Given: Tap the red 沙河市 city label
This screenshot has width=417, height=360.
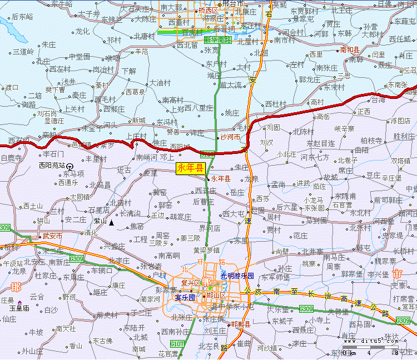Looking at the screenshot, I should [230, 137].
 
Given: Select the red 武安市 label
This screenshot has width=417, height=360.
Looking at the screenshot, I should [52, 236].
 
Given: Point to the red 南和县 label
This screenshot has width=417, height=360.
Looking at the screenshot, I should [349, 50].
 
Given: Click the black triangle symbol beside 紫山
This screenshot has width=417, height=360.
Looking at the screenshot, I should [112, 223].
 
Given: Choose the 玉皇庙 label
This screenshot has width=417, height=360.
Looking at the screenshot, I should [18, 307].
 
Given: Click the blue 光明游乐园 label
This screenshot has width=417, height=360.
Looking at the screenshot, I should [237, 276].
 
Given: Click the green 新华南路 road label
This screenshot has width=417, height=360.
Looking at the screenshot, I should [218, 40].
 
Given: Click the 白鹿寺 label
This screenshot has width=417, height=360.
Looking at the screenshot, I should [11, 158].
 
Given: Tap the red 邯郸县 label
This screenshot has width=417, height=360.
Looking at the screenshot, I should [241, 324].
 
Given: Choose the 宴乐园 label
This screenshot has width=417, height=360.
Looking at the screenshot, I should [185, 297].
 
